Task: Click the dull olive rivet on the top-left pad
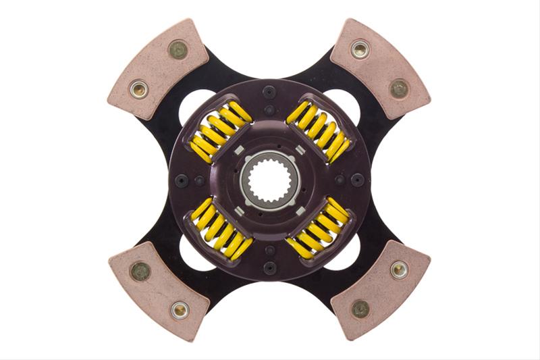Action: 178,49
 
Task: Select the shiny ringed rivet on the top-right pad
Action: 360,49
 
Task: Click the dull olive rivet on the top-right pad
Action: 399,88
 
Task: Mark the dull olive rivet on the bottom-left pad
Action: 140,272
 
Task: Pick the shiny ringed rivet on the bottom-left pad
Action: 179,310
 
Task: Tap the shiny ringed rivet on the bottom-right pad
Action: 399,271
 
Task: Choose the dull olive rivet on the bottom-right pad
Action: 360,309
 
